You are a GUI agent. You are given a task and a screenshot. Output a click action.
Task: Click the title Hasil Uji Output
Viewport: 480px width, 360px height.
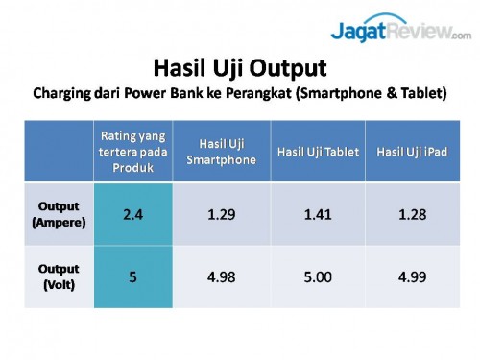coord(240,69)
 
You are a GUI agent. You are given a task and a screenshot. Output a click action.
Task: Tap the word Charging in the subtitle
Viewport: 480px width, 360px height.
coord(65,94)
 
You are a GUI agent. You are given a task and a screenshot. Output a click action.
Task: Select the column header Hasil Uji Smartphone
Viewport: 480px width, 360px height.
coord(222,151)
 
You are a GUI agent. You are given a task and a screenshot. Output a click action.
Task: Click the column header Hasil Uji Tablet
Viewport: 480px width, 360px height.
coord(318,152)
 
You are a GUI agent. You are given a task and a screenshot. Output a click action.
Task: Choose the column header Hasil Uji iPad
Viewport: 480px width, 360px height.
coord(412,152)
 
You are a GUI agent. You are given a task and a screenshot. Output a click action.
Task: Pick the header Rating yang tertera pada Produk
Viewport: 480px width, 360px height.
coord(132,151)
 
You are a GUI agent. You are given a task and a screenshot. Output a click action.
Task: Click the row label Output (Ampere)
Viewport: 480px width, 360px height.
coord(59,213)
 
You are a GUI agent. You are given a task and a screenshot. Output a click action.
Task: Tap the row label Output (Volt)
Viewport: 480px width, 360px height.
coord(59,276)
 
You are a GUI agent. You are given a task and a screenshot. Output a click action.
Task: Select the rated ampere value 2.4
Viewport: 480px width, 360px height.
coord(132,213)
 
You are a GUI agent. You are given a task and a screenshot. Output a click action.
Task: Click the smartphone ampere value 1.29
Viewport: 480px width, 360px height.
coord(222,213)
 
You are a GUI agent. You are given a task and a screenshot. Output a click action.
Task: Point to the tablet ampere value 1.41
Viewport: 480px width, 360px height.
coord(318,213)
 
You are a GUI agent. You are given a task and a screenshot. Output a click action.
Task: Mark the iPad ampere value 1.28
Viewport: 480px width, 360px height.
coord(412,213)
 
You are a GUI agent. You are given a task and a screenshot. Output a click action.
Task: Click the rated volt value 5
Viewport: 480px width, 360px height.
coord(132,276)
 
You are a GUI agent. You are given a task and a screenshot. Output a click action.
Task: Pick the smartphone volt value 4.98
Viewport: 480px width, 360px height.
coord(222,276)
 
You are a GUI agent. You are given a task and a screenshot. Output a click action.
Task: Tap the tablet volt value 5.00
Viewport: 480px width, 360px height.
coord(318,276)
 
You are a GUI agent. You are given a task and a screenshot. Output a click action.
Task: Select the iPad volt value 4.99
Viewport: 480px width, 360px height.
coord(412,276)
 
